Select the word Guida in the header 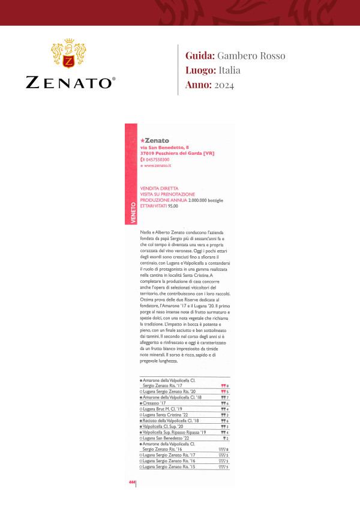pos(200,56)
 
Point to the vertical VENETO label pos(131,213)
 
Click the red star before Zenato pos(141,140)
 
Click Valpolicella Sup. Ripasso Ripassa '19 pos(174,432)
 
